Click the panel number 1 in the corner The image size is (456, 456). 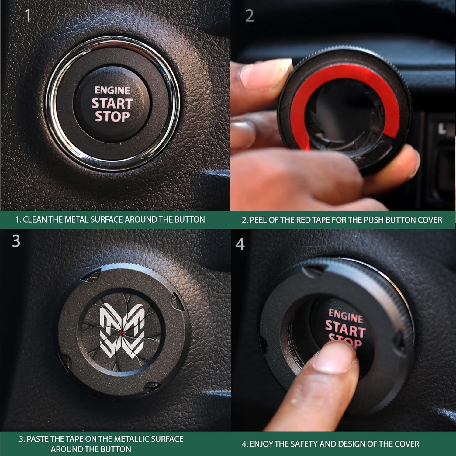tap(28, 16)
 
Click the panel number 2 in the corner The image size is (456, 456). tap(249, 16)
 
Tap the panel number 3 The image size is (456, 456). tap(16, 241)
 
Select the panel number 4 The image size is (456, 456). tap(240, 244)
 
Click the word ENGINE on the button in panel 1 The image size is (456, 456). tap(112, 90)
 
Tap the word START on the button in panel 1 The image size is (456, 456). tap(112, 103)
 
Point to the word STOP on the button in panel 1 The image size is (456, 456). tap(112, 116)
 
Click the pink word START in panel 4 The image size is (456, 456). tap(345, 330)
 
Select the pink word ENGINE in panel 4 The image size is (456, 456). tap(346, 316)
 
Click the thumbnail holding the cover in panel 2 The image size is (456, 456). tap(264, 71)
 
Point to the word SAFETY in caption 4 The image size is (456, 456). tap(304, 444)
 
